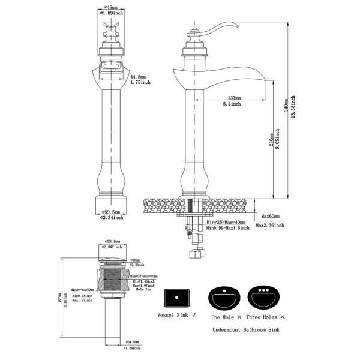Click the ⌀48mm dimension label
tap(110, 7)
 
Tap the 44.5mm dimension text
tap(139, 77)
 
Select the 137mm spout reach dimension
tap(235, 98)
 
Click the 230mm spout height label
tap(271, 140)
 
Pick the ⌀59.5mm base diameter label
tap(110, 212)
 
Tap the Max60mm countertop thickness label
tap(271, 217)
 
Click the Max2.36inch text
tap(270, 226)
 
